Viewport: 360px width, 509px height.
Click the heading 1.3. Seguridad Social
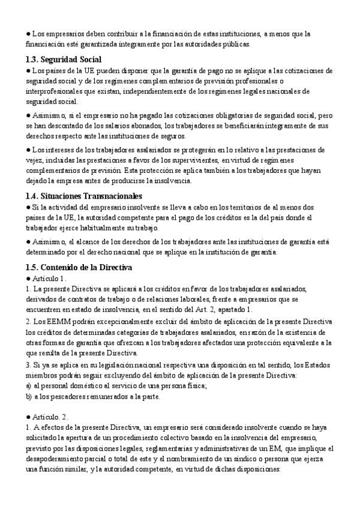click(63, 59)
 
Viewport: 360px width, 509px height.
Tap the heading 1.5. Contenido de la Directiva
click(79, 267)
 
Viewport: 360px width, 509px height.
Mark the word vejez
click(35, 160)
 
